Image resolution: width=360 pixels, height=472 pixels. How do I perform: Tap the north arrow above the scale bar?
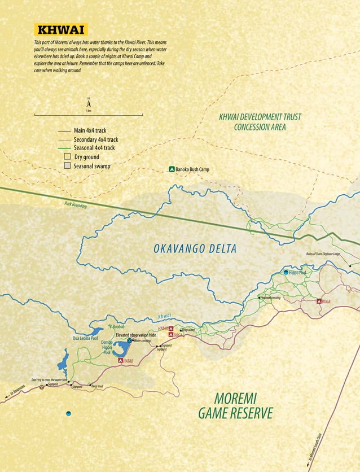point(89,103)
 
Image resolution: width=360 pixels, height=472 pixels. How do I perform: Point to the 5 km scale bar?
point(89,115)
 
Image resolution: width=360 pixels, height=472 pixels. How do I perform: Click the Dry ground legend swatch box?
point(67,156)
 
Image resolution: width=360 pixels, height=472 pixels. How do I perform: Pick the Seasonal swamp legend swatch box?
point(67,166)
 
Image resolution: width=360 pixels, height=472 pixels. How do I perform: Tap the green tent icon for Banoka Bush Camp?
point(172,169)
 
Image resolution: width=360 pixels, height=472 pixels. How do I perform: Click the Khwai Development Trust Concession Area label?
point(260,122)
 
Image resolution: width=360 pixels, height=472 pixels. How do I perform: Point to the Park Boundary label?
point(76,206)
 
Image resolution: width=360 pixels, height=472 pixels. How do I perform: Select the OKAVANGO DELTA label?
point(195,249)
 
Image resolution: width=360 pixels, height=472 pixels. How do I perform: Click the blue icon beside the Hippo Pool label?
point(286,272)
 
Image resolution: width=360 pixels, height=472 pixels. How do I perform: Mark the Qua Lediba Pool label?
point(85,338)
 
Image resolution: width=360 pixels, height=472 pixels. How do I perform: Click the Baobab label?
point(117,327)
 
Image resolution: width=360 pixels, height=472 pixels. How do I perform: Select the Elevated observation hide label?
point(135,335)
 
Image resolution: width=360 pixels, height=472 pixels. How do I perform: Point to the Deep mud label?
point(97,387)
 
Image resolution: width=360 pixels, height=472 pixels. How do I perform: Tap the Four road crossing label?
point(270,298)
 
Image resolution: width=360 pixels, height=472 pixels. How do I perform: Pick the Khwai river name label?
point(164,316)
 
